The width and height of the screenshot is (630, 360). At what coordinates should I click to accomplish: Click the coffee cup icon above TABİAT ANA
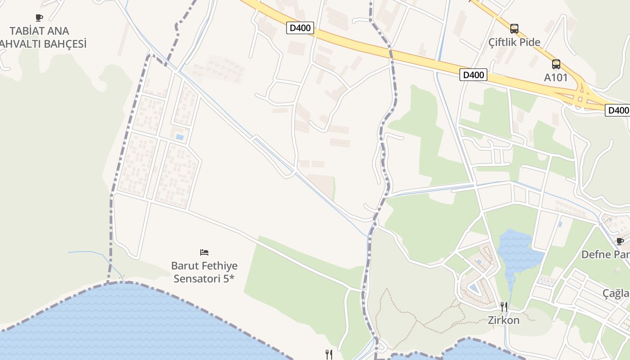pos(39,18)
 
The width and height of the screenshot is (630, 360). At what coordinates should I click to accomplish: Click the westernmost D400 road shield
pos(300,28)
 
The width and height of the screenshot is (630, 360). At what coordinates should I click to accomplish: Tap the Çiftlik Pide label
pos(514,42)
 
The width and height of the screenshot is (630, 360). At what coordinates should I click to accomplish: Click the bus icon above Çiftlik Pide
pos(514,29)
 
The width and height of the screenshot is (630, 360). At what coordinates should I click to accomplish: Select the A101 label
pos(556,77)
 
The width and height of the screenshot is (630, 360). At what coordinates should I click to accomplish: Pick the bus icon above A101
pos(556,64)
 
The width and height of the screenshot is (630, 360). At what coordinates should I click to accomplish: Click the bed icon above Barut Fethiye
pos(204,252)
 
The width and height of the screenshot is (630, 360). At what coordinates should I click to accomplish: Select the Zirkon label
pos(504,320)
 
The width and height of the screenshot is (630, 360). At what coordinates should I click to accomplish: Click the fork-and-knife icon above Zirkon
pos(504,307)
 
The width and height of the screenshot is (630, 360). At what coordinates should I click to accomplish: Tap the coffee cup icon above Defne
pos(620,241)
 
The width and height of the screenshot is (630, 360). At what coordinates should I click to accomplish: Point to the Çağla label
pos(616,293)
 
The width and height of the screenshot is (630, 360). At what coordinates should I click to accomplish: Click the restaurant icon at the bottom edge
pos(329,355)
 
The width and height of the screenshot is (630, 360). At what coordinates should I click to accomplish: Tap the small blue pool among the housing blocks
pos(180,137)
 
